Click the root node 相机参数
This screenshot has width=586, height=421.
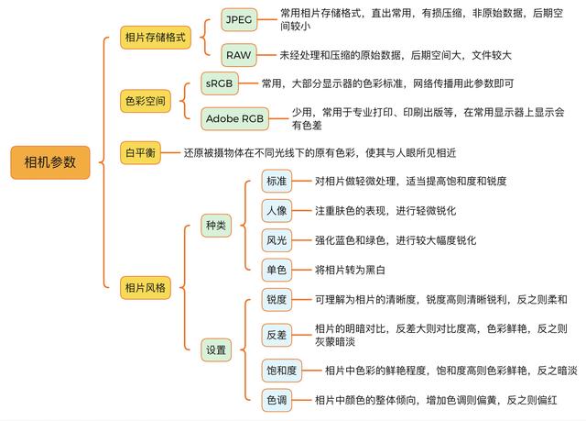50,162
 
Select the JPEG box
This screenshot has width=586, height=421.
239,19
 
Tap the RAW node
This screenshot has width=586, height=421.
239,55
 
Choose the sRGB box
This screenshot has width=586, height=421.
220,83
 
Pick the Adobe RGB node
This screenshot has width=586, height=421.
234,118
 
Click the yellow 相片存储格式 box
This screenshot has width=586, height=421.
156,38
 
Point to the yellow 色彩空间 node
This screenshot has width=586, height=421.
146,101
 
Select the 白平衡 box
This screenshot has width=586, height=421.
140,152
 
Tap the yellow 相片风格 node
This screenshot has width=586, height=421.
146,287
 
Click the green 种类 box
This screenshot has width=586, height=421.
216,226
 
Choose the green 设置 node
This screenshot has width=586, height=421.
216,349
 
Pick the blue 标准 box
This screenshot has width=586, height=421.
277,181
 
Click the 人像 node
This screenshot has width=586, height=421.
277,211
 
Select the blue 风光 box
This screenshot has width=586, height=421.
277,240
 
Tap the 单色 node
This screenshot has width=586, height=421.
277,270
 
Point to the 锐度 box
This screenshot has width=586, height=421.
277,299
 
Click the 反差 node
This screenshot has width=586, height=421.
277,335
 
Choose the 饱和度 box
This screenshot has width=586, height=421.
282,371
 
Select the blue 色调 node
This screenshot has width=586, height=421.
277,400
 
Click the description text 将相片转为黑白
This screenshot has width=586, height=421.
350,270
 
